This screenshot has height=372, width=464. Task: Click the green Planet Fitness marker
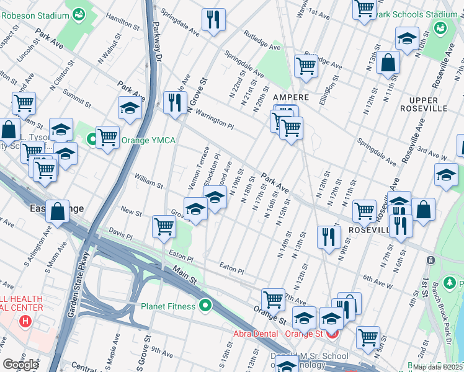point(205,306)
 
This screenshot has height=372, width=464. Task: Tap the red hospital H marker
point(25,321)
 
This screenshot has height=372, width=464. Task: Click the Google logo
point(20,365)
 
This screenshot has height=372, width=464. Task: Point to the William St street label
point(148,182)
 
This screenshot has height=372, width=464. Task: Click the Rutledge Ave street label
point(262,40)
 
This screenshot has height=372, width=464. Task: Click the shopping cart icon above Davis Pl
point(164,226)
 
